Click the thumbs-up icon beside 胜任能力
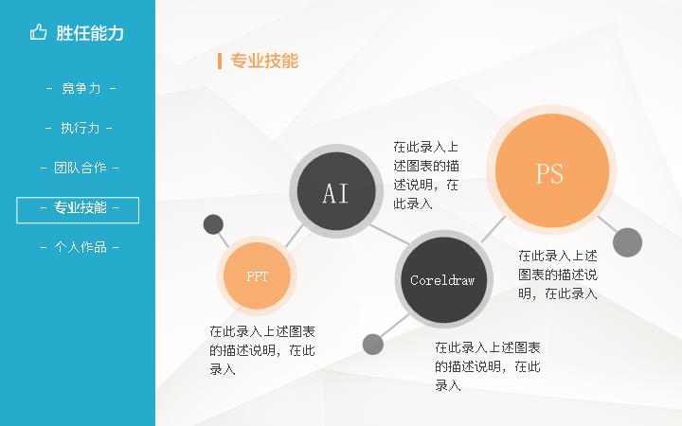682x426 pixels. [38, 32]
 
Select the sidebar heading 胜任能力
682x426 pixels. [90, 33]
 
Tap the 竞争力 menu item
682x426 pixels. [81, 88]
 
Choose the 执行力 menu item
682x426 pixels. [80, 128]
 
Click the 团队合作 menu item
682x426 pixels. [80, 168]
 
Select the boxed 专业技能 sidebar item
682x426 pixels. [78, 210]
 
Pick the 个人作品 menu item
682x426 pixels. [80, 247]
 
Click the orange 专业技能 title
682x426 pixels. [264, 61]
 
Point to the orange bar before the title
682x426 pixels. [220, 61]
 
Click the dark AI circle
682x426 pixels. [336, 191]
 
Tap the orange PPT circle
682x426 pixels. [257, 275]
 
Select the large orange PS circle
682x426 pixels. [551, 170]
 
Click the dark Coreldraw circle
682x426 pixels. [443, 279]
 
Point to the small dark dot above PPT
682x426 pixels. [213, 224]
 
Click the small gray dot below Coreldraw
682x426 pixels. [373, 345]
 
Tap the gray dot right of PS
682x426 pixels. [627, 242]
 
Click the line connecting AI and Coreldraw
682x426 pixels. [390, 235]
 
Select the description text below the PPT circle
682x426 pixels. [262, 350]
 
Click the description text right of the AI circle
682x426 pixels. [426, 175]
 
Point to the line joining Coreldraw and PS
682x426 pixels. [493, 229]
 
